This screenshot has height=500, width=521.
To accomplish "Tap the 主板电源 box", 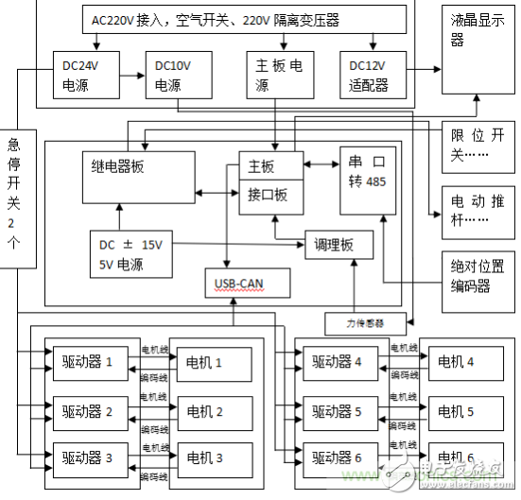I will point(280,76).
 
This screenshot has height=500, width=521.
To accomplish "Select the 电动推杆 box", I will point(478,209).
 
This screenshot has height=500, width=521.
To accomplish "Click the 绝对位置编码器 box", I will point(478,274).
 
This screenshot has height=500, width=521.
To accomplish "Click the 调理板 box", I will point(339,245).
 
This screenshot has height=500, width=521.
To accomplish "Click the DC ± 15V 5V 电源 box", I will point(132,253).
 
